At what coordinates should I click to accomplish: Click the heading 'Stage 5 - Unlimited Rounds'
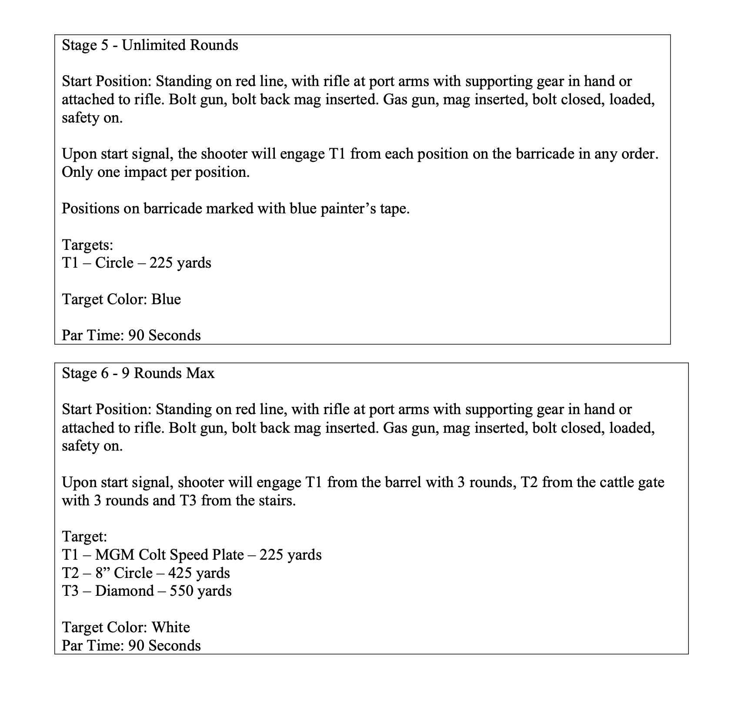150,45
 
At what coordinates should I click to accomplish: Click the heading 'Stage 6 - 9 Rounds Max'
138,373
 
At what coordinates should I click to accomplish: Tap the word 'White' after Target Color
170,627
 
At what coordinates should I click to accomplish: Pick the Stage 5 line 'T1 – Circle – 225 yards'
136,263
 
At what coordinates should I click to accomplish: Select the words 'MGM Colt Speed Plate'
169,555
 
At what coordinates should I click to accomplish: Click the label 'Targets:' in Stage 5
87,245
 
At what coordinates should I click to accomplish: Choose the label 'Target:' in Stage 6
84,537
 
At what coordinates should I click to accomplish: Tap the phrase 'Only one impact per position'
156,173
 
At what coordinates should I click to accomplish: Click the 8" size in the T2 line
102,573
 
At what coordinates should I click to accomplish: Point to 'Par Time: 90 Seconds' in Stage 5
131,335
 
